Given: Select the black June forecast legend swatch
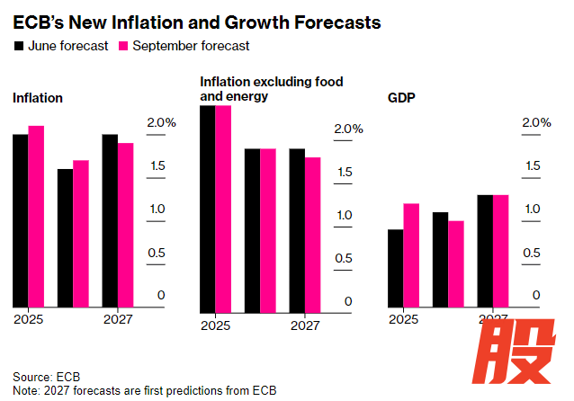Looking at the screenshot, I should [18, 45].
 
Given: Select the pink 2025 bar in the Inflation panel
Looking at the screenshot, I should [36, 216].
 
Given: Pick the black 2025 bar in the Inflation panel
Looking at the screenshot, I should [20, 220].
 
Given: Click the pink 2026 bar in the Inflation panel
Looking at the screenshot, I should [81, 233].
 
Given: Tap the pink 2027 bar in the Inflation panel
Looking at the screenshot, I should [125, 225].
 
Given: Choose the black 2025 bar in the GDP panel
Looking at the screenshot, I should [394, 268].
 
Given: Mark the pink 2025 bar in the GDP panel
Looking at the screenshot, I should [410, 254].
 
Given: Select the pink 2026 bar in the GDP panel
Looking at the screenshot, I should [455, 263].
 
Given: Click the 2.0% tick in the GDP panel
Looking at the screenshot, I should [535, 122].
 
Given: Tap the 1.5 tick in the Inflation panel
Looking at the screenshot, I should [155, 165].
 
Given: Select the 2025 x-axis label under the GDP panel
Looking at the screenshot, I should [402, 319].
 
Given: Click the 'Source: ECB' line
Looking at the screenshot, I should [47, 376].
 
